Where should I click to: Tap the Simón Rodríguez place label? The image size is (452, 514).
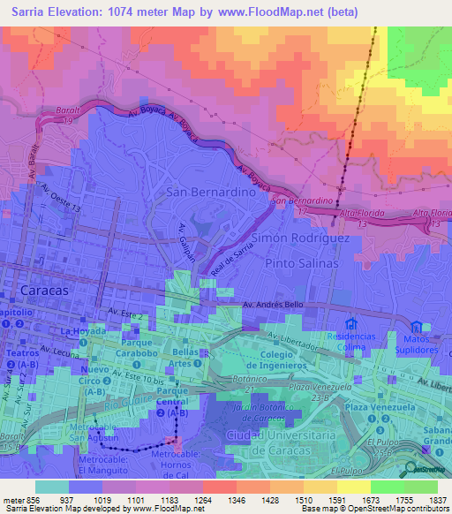click(301, 238)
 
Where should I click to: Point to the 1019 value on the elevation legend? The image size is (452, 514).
click(102, 499)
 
